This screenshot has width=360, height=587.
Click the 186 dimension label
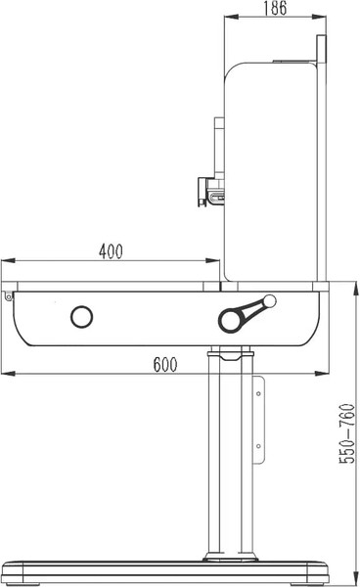tap(275, 8)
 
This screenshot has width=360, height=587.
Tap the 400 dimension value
tap(111, 251)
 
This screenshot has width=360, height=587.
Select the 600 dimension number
tap(165, 364)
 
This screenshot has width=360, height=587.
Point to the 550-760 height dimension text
tap(347, 433)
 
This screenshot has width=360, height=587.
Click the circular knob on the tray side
tap(81, 317)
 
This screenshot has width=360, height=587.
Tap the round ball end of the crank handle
tap(270, 300)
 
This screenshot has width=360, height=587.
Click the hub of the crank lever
tap(229, 321)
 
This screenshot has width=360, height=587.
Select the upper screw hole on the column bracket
tap(258, 393)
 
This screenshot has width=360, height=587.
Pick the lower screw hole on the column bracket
tap(258, 446)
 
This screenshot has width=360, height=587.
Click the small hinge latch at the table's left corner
tap(8, 296)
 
